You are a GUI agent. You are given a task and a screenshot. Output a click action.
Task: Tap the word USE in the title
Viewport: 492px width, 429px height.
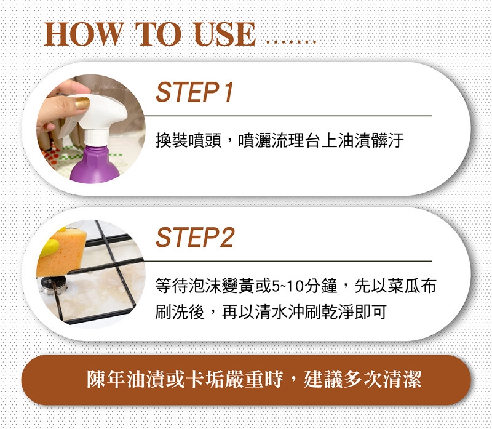click(225, 34)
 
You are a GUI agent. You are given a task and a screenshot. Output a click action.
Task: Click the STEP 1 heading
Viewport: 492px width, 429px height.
click(195, 92)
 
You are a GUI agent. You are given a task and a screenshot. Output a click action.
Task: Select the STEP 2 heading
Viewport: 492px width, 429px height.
click(195, 238)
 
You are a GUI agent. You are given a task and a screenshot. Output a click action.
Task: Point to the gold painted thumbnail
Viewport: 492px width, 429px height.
click(82, 103)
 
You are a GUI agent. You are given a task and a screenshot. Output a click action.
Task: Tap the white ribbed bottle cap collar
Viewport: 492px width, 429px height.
click(97, 137)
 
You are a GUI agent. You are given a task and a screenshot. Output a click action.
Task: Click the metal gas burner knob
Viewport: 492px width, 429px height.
click(54, 285)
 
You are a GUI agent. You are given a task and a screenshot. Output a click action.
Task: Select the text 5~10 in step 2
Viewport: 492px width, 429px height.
click(287, 286)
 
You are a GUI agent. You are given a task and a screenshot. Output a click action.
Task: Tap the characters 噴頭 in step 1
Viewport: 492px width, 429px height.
click(205, 140)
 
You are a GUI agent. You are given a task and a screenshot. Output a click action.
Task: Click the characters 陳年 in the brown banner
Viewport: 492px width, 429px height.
click(106, 379)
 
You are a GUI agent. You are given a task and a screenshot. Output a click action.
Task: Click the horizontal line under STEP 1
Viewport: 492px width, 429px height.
click(288, 116)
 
